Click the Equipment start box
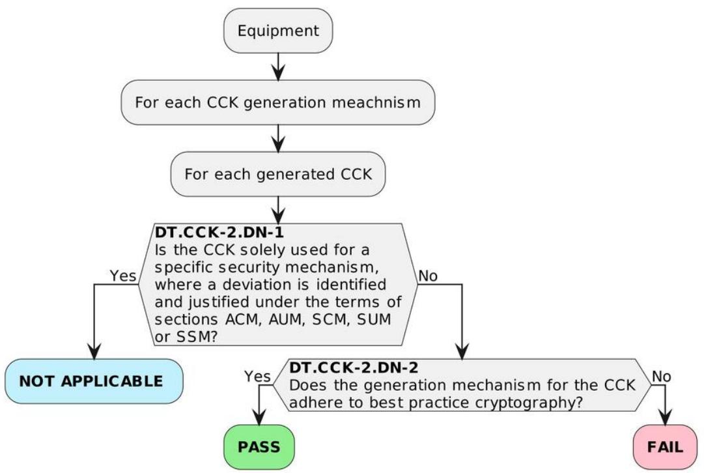278,31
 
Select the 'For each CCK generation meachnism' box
278,102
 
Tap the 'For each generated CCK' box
278,174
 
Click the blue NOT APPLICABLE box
94,381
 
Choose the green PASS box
259,447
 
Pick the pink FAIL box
665,447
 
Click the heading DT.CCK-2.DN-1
219,232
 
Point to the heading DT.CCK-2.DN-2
354,367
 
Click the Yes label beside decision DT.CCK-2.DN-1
122,276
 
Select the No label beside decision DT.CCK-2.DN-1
427,276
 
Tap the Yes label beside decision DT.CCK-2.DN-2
257,377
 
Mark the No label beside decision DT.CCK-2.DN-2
662,376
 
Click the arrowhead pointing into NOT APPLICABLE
94,351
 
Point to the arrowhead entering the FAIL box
665,418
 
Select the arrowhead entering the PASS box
259,418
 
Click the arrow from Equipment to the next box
278,67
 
